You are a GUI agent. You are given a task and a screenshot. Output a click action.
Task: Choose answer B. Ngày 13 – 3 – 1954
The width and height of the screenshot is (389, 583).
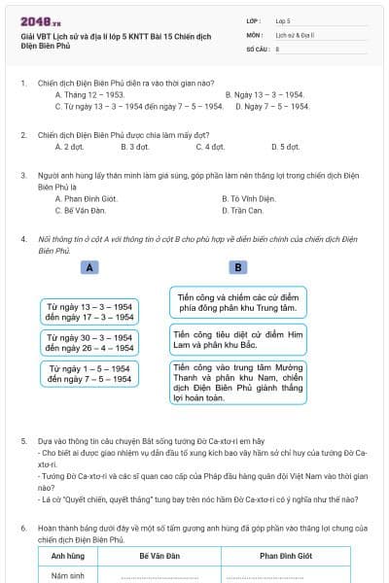[265, 94]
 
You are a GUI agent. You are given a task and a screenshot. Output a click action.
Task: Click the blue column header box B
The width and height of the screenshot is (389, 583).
[237, 267]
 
